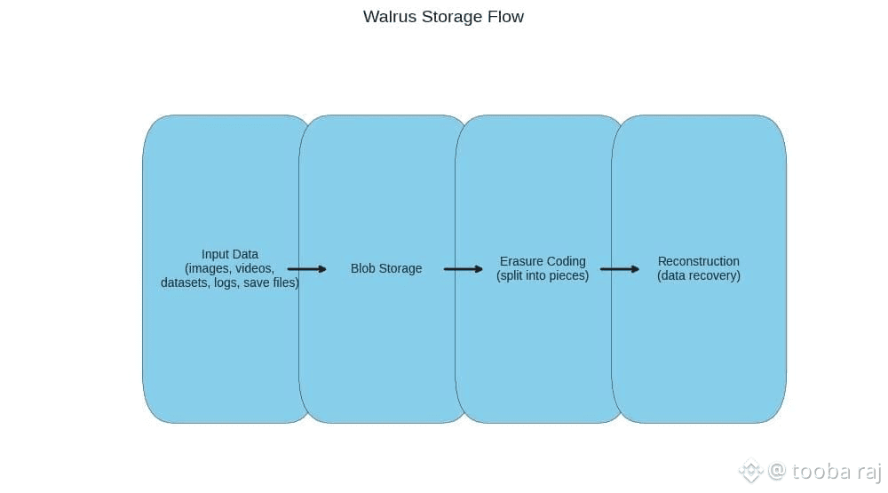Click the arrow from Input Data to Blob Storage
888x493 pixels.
306,268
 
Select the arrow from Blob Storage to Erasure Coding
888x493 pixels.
463,268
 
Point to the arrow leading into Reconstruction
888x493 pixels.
619,268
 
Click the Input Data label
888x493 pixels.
230,254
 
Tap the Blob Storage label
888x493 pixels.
386,268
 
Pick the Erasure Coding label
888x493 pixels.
543,261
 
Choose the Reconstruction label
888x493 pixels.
699,261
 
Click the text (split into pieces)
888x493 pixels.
543,275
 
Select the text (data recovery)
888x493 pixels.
699,275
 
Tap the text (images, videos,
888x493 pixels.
230,268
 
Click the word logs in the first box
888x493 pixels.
226,282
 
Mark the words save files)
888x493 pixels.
271,282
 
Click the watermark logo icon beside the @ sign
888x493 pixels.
751,470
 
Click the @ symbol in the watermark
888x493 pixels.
777,470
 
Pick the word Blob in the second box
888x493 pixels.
364,268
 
